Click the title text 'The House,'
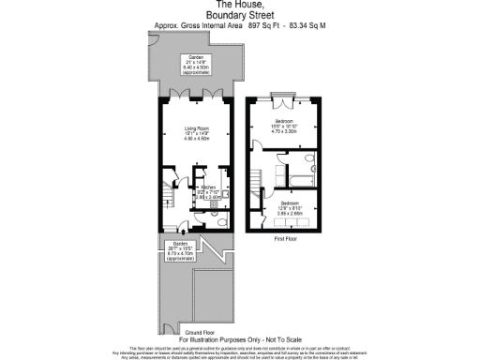coord(239,5)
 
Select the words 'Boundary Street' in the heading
coord(239,15)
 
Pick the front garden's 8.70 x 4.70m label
coord(179,253)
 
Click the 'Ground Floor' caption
coord(194,332)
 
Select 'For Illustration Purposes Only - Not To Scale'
coord(239,339)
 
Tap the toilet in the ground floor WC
coord(217,221)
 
